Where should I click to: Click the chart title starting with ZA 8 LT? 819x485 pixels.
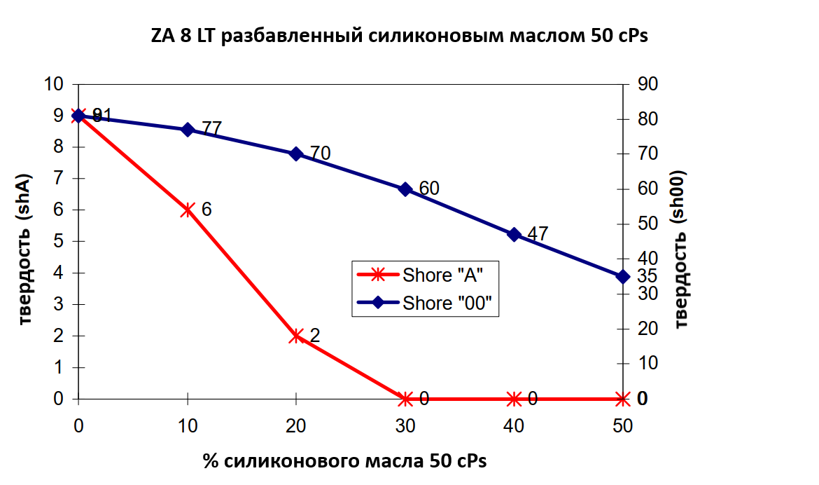click(399, 36)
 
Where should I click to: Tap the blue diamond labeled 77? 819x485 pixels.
click(188, 130)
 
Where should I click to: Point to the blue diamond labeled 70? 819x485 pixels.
click(296, 154)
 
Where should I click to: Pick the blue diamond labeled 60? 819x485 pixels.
click(405, 189)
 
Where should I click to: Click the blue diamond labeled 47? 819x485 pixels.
click(514, 235)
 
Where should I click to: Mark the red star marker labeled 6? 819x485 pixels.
click(188, 210)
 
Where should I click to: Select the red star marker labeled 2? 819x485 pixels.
click(296, 336)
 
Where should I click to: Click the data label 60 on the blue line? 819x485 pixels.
click(428, 188)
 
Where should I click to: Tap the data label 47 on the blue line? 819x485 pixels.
click(537, 234)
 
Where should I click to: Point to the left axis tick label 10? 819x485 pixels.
click(54, 84)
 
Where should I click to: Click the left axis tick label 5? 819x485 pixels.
click(58, 241)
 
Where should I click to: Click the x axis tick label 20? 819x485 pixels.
click(296, 425)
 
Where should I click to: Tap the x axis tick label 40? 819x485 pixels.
click(514, 425)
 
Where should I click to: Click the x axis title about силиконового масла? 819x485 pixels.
click(344, 461)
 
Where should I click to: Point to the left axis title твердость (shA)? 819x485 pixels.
click(27, 249)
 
